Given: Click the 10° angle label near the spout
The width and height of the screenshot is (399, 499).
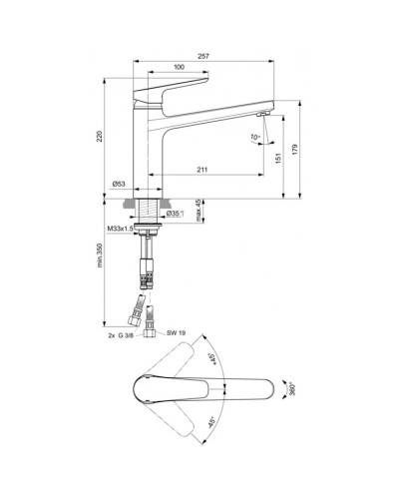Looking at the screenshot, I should [255, 136].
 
